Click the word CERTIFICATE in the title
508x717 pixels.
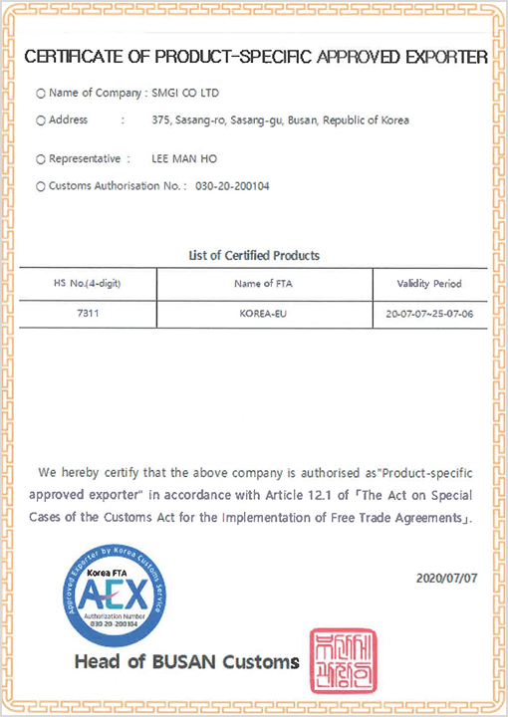69,57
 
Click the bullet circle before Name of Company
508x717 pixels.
40,94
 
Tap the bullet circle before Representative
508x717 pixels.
40,159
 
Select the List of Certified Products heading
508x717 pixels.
254,256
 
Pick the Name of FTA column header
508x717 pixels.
262,284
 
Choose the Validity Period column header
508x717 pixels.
429,284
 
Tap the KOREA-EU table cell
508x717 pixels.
262,312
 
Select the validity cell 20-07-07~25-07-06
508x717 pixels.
429,312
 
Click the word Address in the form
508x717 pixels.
68,120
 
